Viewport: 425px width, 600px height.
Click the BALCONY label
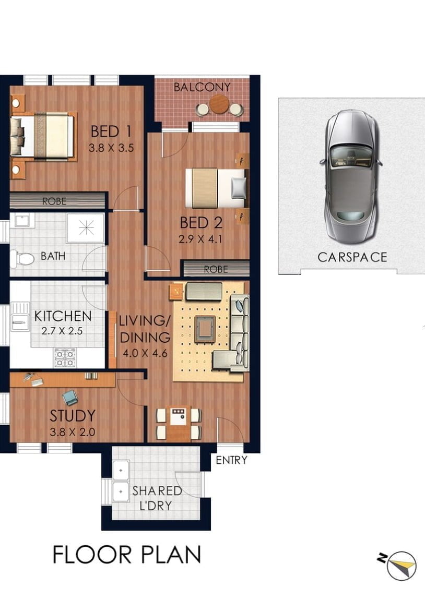click(x=202, y=87)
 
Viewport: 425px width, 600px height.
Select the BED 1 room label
click(x=111, y=131)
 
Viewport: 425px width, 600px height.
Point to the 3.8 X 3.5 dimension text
click(x=111, y=148)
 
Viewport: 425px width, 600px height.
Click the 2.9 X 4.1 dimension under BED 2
click(x=200, y=239)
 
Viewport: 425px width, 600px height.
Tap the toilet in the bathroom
click(x=22, y=259)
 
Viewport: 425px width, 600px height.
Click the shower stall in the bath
click(x=86, y=228)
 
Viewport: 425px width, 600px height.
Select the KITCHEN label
click(x=63, y=316)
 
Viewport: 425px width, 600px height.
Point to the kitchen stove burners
click(x=65, y=358)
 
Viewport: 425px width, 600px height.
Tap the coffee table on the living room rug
click(x=204, y=329)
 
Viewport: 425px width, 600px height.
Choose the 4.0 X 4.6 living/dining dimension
click(x=145, y=353)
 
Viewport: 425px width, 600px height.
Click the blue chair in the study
click(x=70, y=398)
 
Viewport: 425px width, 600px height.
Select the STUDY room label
click(x=73, y=415)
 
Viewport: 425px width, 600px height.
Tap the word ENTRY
click(x=231, y=460)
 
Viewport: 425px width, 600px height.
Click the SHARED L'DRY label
click(x=157, y=498)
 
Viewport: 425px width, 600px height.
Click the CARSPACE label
click(x=352, y=257)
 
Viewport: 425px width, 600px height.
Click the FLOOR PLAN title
click(x=127, y=555)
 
